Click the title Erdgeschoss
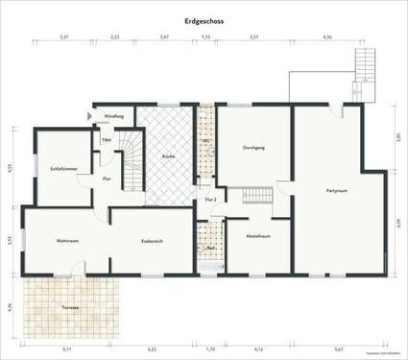[204, 19]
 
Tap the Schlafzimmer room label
[50, 169]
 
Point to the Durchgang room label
[254, 148]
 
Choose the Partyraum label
[335, 189]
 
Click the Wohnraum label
[66, 240]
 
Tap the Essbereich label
[152, 240]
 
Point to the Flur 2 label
[209, 199]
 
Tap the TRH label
[107, 140]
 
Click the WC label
[204, 141]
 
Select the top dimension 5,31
[63, 36]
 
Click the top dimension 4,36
[326, 36]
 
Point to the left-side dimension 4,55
[9, 167]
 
